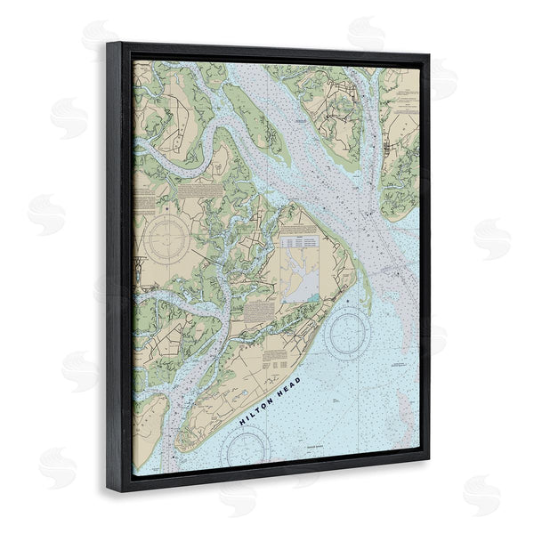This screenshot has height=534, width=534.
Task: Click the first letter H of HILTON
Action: pos(243,417)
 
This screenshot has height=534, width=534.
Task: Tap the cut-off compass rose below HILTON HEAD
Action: pos(247,449)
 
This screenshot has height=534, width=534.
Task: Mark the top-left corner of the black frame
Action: pos(107,42)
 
